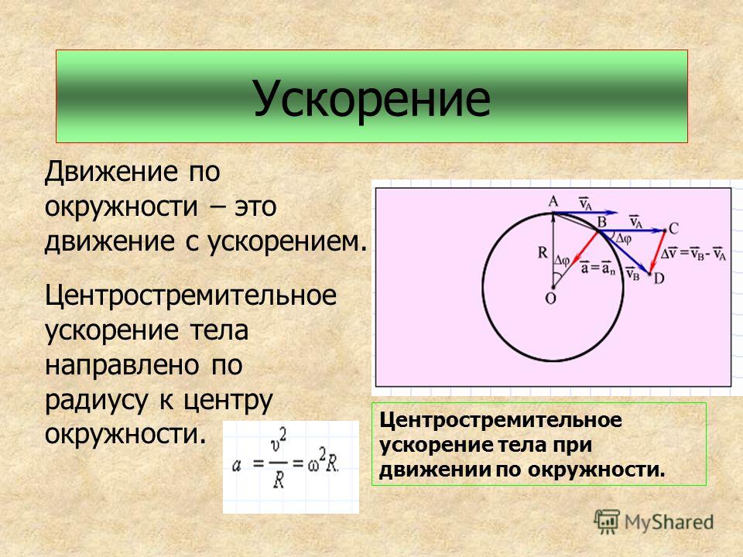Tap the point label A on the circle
553,202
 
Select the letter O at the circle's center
550,299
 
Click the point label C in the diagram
673,229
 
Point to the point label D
659,278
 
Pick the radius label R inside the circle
543,252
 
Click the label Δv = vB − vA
693,253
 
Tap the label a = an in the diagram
597,268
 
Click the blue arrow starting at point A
586,213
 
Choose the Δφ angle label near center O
562,260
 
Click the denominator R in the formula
279,480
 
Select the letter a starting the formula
237,465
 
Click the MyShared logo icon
607,522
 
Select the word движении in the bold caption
435,470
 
